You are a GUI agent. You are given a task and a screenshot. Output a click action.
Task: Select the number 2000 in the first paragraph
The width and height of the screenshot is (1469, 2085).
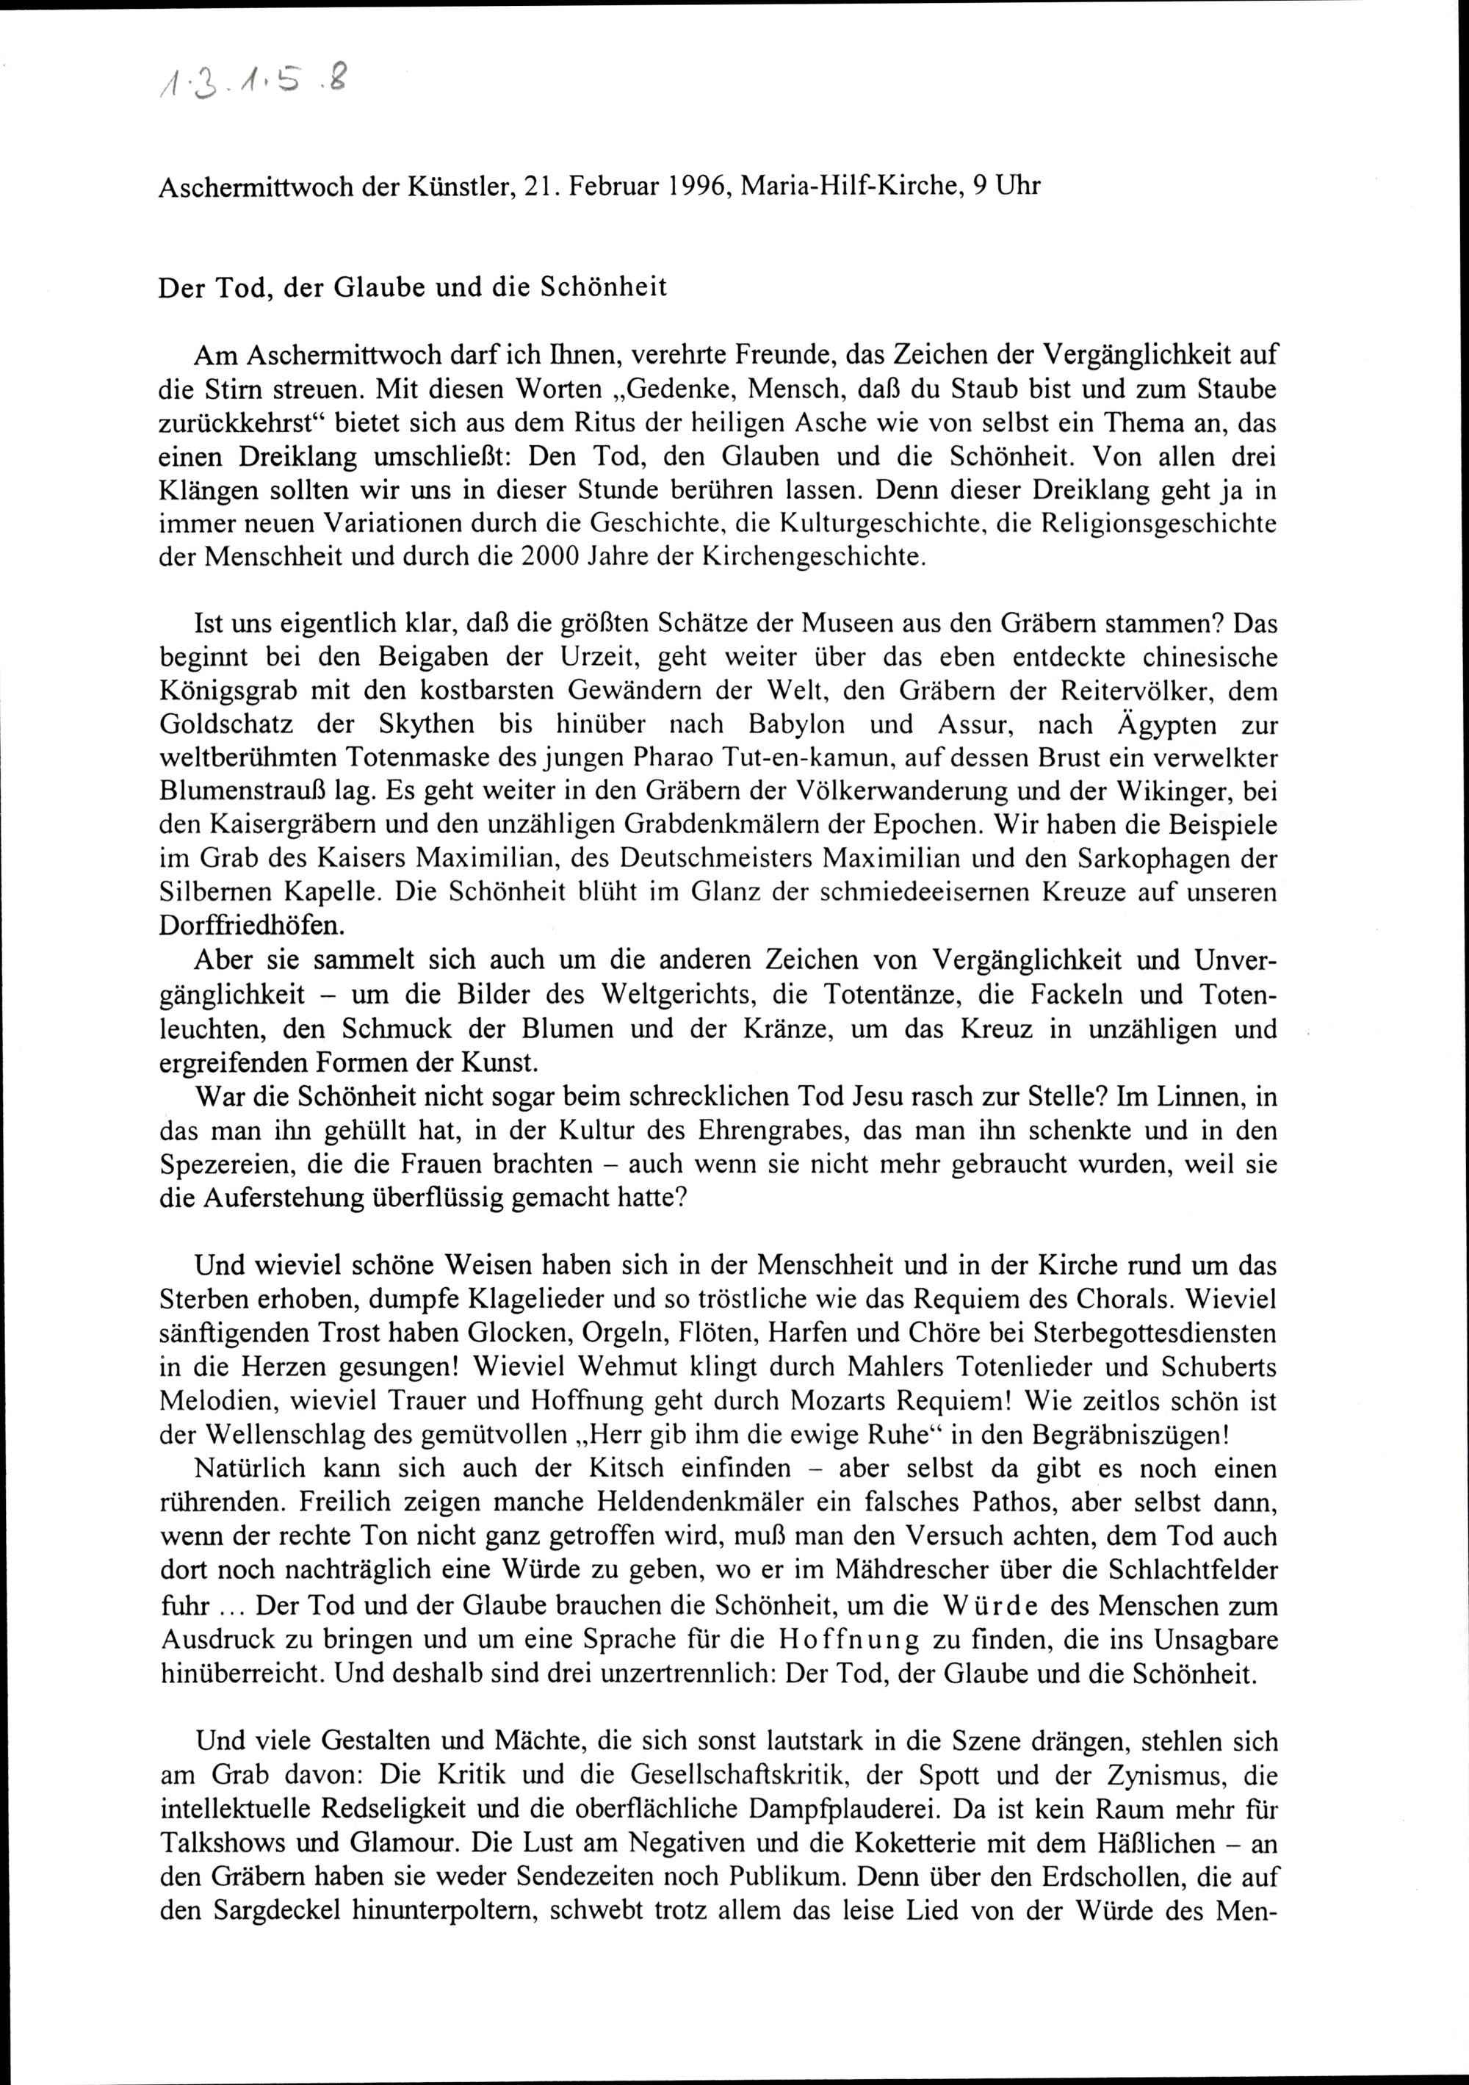[x=555, y=557]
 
